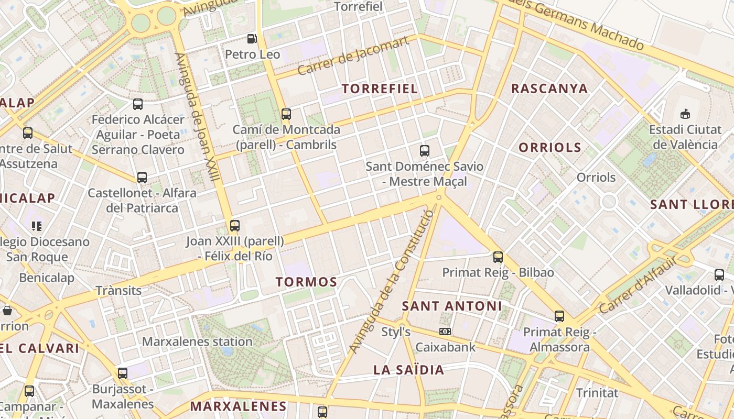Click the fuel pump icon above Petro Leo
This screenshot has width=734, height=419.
tap(252, 39)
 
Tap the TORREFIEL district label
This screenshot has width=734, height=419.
tap(380, 89)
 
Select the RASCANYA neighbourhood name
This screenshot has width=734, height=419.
tap(549, 89)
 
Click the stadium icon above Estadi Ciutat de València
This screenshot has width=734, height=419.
tap(685, 113)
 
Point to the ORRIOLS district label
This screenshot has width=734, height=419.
tap(550, 148)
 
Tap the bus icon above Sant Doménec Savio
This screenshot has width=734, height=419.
tap(425, 151)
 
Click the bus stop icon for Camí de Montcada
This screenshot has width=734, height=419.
tap(286, 114)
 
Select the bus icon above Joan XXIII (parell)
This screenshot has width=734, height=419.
tap(235, 226)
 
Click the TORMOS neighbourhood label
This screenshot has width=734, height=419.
tap(307, 282)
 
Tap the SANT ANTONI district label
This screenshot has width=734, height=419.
tap(452, 306)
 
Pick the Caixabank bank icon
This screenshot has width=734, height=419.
tap(445, 332)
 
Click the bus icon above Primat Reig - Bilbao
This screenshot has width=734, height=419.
tap(498, 257)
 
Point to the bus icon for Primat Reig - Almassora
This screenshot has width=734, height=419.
tap(559, 316)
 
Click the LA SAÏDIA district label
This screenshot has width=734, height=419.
tap(409, 370)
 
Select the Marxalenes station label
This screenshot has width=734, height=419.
tap(197, 342)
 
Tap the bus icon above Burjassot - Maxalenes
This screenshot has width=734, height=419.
tap(123, 373)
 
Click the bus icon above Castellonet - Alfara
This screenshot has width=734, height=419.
tap(142, 178)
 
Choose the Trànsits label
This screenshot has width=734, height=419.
tap(118, 290)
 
